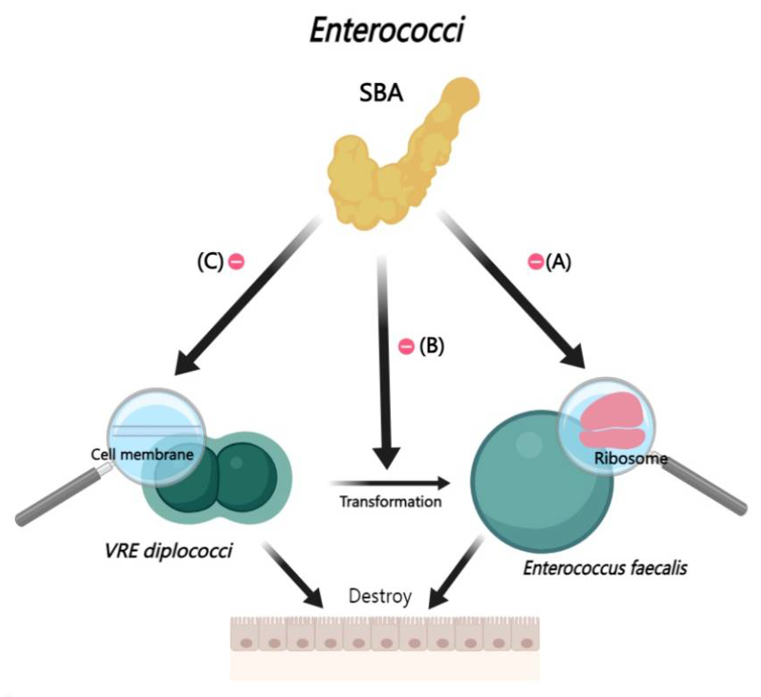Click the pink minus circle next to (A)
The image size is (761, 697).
pyautogui.click(x=535, y=262)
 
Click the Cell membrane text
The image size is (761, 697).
pyautogui.click(x=142, y=454)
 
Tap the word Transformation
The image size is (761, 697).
pyautogui.click(x=391, y=502)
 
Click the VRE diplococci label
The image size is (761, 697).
pyautogui.click(x=168, y=551)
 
